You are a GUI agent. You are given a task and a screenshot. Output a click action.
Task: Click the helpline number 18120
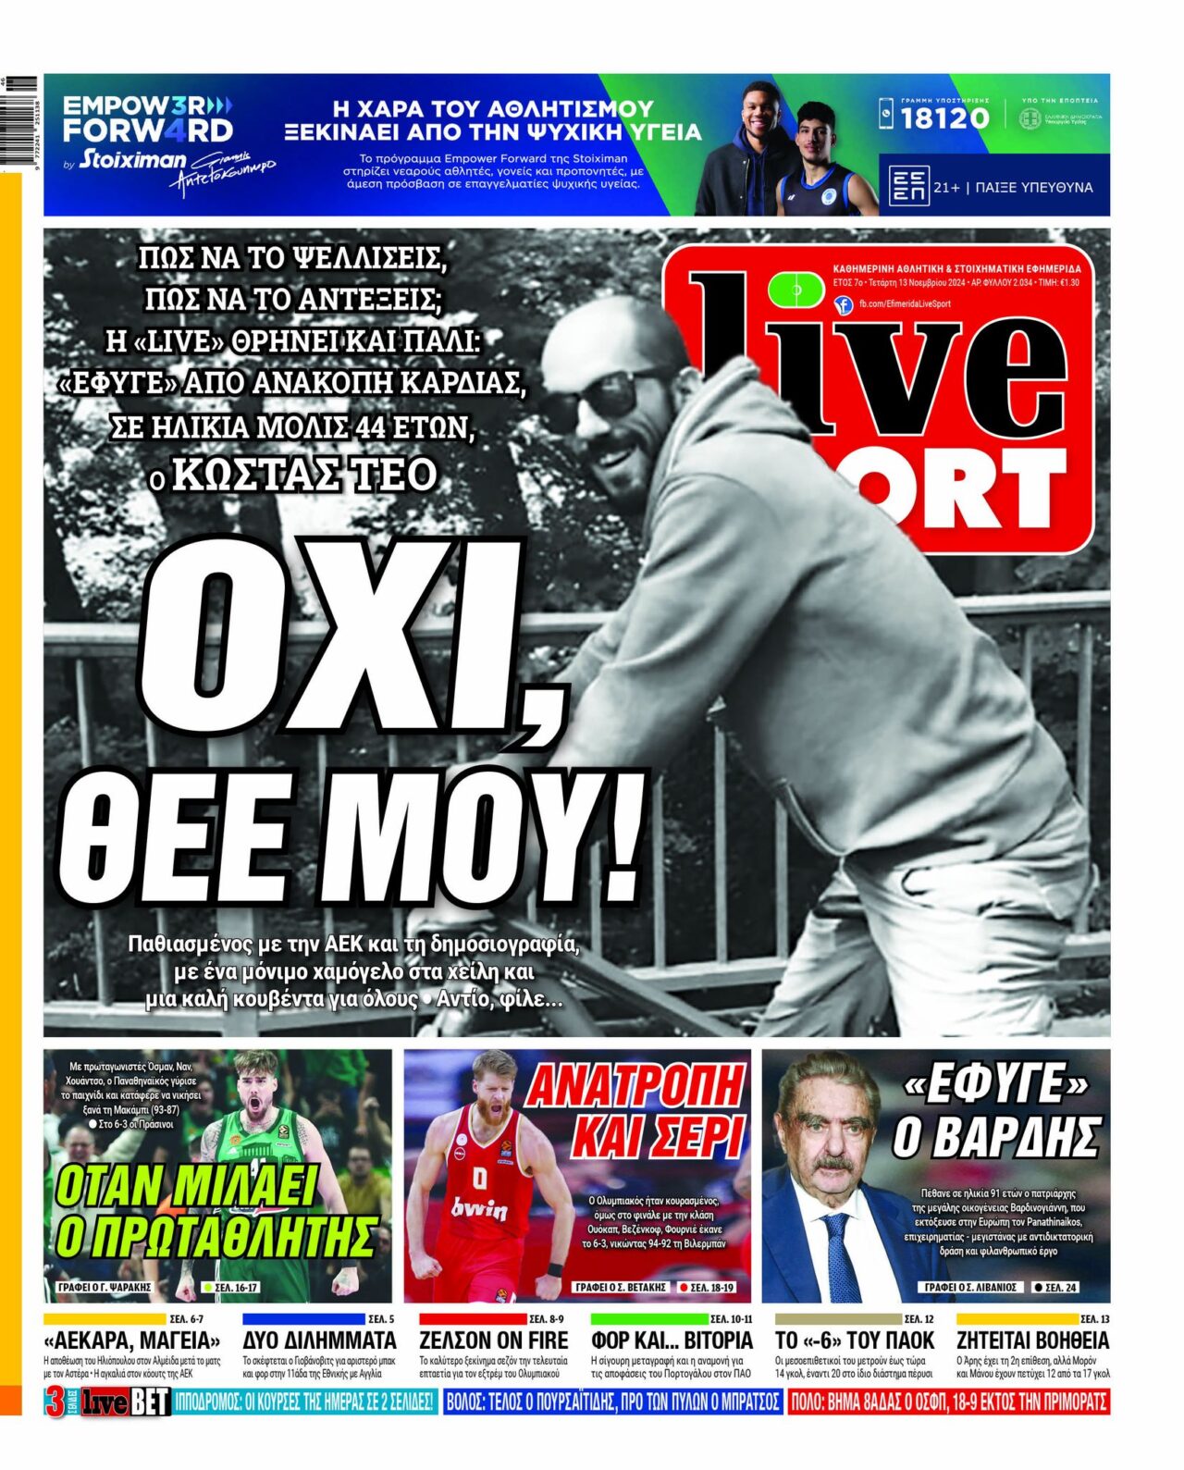[944, 117]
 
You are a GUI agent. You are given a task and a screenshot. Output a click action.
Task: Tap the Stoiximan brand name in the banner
[132, 159]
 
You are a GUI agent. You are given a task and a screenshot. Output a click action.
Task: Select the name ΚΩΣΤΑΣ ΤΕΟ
[304, 475]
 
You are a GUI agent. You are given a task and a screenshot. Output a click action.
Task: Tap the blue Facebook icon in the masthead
[843, 304]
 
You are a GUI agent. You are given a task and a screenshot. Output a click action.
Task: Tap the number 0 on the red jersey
[480, 1178]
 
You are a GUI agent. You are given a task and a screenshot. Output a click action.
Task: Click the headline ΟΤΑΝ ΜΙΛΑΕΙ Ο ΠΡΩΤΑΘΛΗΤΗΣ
[215, 1212]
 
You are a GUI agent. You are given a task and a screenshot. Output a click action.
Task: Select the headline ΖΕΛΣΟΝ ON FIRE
[493, 1340]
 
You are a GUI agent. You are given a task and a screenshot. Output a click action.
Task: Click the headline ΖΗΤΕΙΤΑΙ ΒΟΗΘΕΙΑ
[1032, 1340]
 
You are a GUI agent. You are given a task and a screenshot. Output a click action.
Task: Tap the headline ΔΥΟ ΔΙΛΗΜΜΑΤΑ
[319, 1340]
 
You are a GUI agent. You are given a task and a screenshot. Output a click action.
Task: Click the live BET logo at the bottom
[126, 1402]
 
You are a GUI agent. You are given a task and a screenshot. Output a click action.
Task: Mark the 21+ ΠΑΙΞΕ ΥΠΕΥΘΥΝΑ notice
[1012, 187]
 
